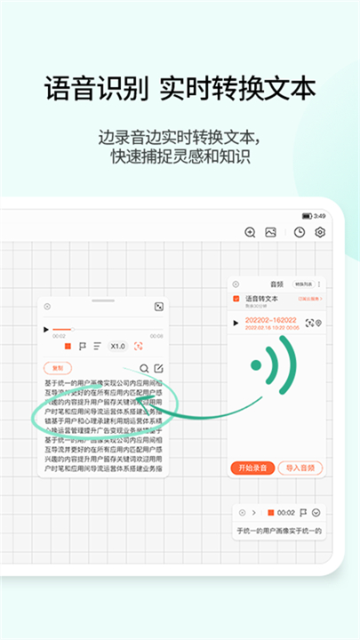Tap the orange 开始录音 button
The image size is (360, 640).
pos(252,467)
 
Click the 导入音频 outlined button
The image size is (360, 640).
pos(300,467)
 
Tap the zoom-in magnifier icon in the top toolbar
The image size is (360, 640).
pos(250,233)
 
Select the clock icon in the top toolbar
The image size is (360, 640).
pos(300,233)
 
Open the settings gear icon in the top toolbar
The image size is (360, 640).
pos(320,233)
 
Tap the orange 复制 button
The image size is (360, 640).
pos(58,367)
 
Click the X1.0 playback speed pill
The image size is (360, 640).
pos(118,346)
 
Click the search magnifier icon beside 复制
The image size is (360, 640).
pos(144,368)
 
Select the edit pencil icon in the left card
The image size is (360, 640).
pos(158,368)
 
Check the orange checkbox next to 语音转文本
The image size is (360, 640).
pos(236,299)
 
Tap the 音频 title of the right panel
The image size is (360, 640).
pos(276,284)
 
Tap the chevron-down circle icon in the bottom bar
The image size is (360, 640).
pos(316,513)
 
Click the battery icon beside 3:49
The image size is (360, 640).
pos(307,216)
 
